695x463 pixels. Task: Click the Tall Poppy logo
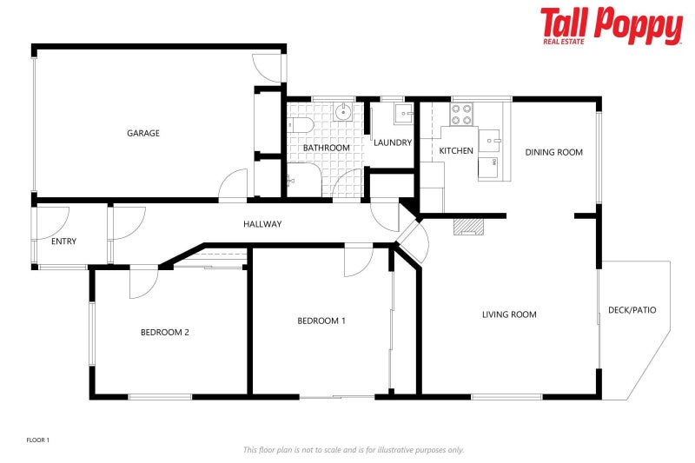[x=612, y=26]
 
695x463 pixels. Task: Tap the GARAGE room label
[x=143, y=133]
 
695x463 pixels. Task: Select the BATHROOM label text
[x=327, y=148]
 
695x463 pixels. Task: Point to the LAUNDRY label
[x=393, y=142]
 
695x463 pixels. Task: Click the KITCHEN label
[x=456, y=150]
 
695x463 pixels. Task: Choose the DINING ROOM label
[x=553, y=152]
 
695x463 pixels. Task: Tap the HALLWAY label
[x=262, y=224]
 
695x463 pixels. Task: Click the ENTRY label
[x=63, y=241]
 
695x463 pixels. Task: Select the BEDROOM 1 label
[x=321, y=321]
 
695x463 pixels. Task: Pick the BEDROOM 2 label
[x=165, y=333]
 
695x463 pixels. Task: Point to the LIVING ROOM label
[x=509, y=314]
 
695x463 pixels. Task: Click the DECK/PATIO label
[x=632, y=310]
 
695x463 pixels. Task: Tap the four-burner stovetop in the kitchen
[x=461, y=115]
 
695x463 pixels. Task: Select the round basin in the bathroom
[x=343, y=112]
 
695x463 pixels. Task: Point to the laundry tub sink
[x=404, y=114]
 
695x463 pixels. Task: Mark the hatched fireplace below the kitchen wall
[x=468, y=227]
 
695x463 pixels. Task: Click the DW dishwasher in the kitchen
[x=487, y=167]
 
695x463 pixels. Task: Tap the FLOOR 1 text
[x=38, y=440]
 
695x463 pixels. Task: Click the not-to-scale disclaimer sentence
[x=354, y=450]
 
